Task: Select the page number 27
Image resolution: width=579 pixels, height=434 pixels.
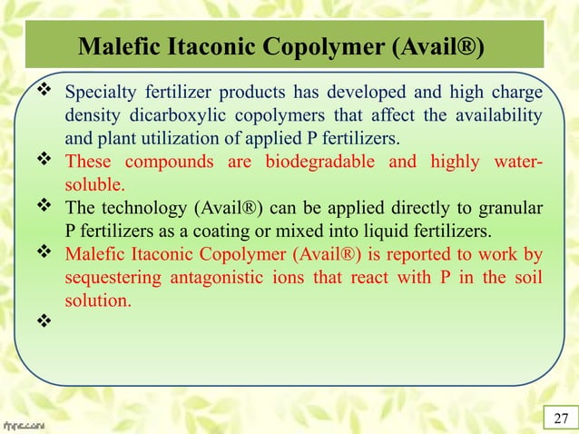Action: coord(560,417)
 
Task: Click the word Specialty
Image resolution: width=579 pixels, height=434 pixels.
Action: coord(103,96)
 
